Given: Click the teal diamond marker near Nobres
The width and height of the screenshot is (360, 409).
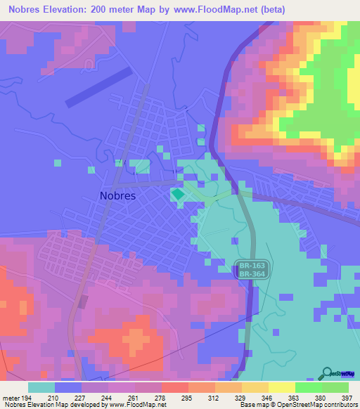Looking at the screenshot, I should [178, 193].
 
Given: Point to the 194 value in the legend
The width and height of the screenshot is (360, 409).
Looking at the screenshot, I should [26, 398].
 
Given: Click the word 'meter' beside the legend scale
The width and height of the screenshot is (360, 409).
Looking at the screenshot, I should [10, 398].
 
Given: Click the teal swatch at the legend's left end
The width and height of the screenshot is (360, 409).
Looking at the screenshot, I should [41, 387].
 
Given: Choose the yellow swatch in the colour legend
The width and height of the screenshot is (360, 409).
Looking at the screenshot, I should [282, 387].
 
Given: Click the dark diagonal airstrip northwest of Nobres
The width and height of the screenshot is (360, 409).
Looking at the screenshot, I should [98, 86].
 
